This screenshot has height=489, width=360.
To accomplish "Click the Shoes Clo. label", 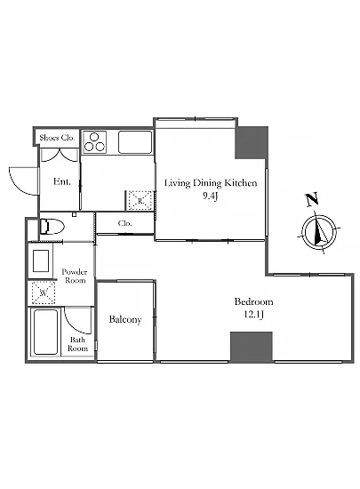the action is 57,138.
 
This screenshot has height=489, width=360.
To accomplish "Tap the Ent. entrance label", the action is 61,181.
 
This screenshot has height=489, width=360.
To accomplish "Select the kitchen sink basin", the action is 135,142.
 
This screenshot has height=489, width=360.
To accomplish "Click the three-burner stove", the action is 94,142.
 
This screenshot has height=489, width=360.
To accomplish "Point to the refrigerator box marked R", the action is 140,200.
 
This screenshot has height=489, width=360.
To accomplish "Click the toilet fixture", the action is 52,227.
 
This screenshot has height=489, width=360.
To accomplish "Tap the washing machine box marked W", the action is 44,293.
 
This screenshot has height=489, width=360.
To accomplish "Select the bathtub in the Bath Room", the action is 46,333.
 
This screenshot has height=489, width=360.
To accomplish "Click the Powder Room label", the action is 75,276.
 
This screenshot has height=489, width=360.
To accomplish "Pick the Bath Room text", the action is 77,344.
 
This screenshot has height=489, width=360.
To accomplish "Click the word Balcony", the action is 125,319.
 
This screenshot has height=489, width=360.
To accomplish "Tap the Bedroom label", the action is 253,301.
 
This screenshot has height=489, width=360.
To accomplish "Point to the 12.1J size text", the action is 253,315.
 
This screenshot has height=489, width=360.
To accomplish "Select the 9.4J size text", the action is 210,196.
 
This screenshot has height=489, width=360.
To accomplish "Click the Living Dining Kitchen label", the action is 211,183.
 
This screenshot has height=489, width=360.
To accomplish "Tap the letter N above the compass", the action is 312,199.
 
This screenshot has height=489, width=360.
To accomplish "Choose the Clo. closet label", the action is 125,223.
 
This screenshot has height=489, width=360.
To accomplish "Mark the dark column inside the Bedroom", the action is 252,347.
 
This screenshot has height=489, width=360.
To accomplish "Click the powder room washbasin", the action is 41,261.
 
